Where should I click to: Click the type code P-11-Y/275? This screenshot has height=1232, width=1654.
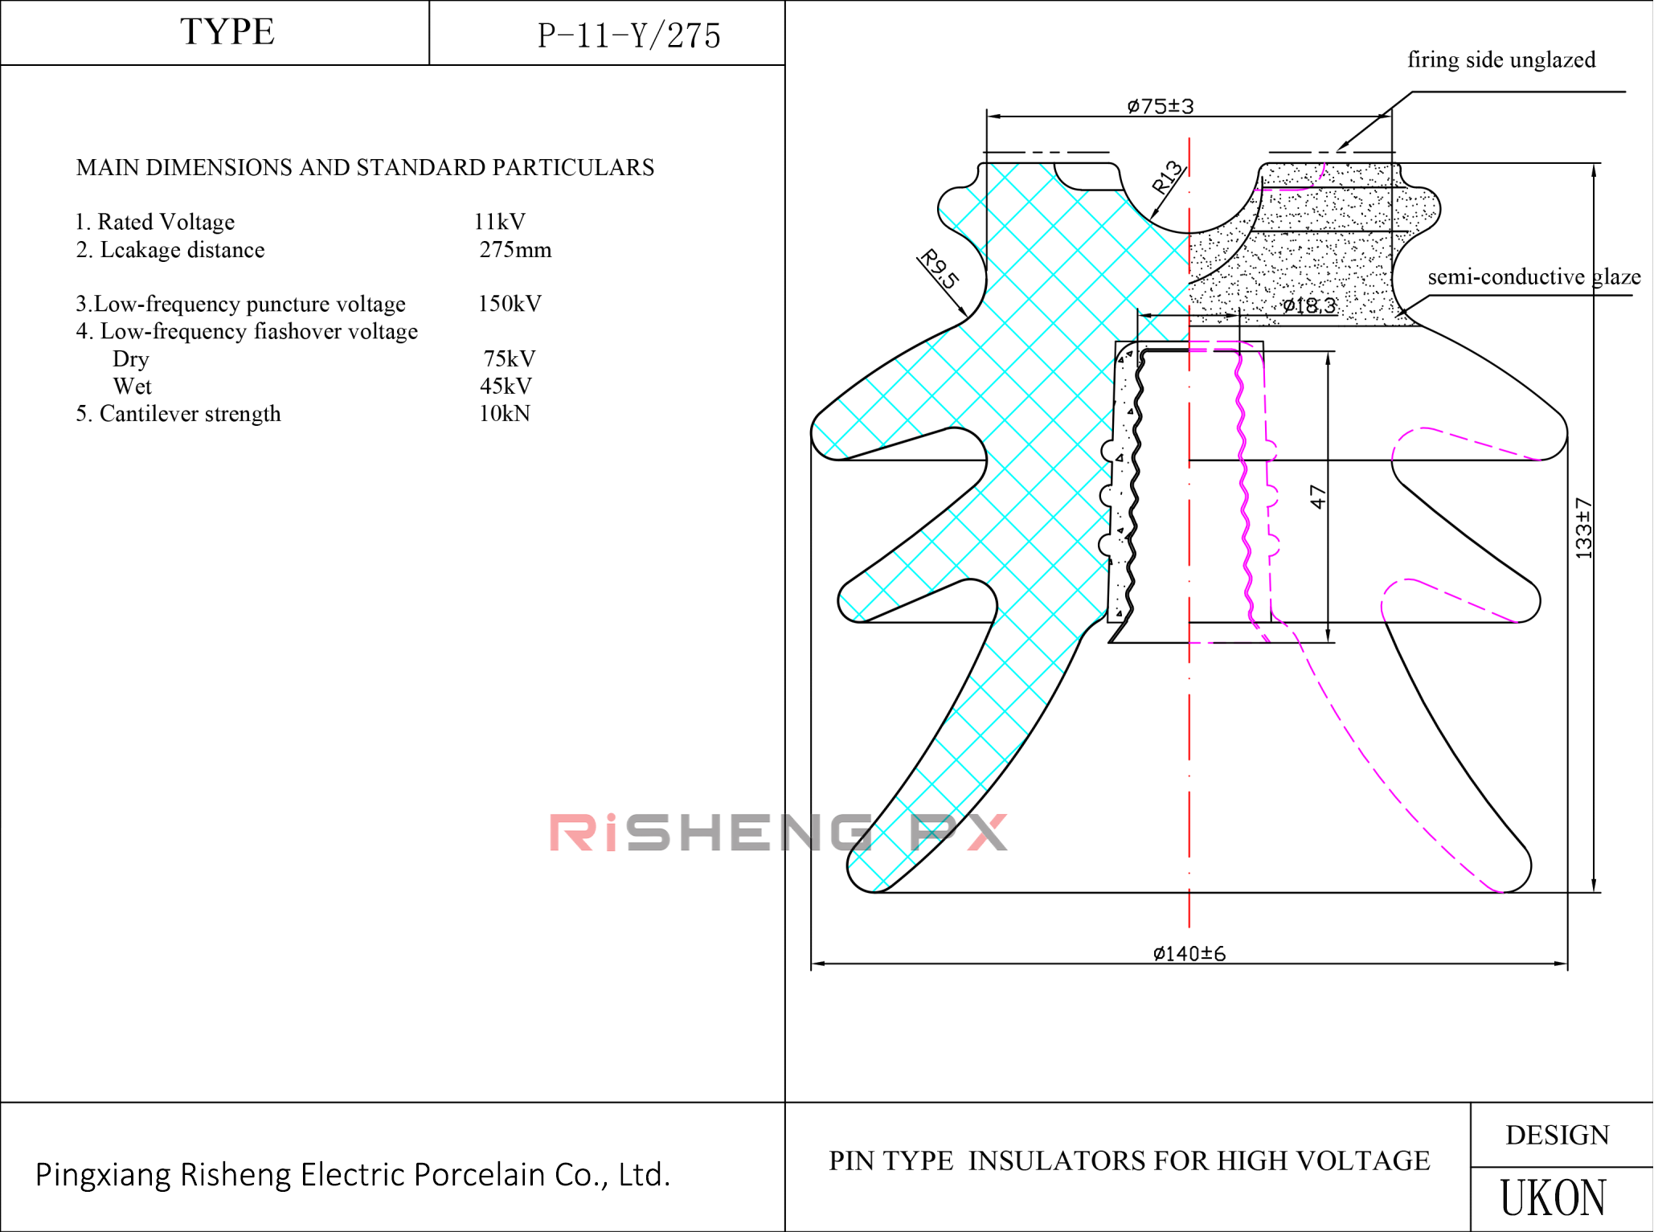[x=628, y=36]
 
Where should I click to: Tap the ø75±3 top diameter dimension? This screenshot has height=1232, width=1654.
[x=1160, y=106]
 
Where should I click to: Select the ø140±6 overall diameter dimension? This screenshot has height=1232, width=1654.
[x=1189, y=953]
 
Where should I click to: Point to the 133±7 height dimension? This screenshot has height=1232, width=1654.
[x=1582, y=527]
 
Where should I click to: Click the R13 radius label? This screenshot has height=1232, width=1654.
[x=1167, y=178]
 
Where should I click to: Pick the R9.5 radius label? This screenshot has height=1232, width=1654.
[x=939, y=269]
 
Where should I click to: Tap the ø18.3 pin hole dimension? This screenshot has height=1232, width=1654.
[x=1308, y=305]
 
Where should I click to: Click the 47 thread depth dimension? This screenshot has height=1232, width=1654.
[x=1317, y=496]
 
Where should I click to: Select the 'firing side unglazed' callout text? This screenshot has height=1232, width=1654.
[x=1500, y=60]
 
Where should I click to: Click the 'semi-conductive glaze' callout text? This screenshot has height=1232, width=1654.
[x=1533, y=277]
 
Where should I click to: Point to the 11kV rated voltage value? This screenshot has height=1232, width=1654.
[x=499, y=222]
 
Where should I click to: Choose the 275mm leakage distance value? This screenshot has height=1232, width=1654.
[x=515, y=250]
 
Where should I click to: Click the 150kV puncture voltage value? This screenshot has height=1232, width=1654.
[x=510, y=304]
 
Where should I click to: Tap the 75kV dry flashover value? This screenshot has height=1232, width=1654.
[x=509, y=358]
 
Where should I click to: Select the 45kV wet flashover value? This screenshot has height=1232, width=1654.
[x=506, y=387]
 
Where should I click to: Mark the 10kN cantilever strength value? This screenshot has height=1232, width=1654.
[x=504, y=414]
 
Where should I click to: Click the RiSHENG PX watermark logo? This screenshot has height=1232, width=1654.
[x=777, y=832]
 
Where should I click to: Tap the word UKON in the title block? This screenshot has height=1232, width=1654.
[x=1553, y=1198]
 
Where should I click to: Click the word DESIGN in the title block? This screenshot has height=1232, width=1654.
[x=1557, y=1135]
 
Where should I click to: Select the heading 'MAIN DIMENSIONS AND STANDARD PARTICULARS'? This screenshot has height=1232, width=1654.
[x=365, y=168]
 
